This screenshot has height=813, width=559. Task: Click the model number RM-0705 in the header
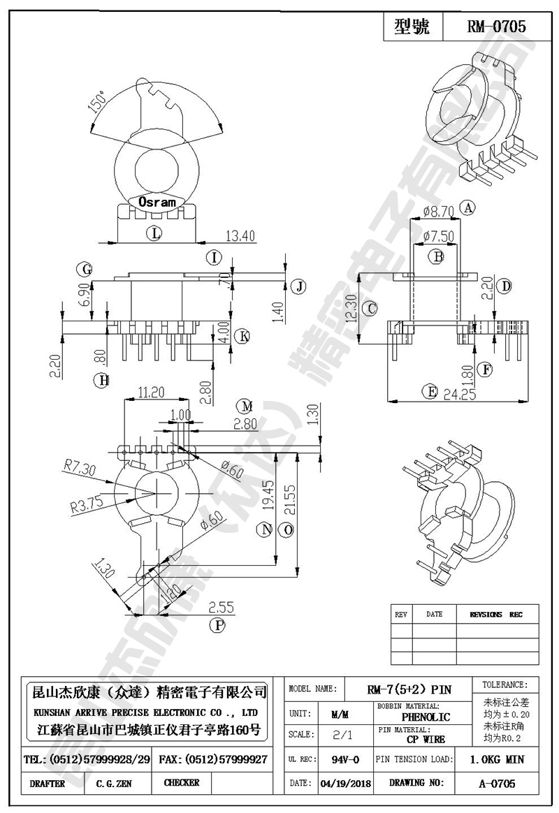(x=496, y=27)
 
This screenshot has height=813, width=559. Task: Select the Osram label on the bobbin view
(x=157, y=202)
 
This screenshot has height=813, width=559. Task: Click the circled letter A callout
(x=468, y=207)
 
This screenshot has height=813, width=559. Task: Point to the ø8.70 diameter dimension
(x=439, y=210)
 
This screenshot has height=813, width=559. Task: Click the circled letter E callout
(x=430, y=392)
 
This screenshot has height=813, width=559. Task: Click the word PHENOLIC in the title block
(x=426, y=717)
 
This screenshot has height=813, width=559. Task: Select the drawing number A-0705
(x=497, y=783)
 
